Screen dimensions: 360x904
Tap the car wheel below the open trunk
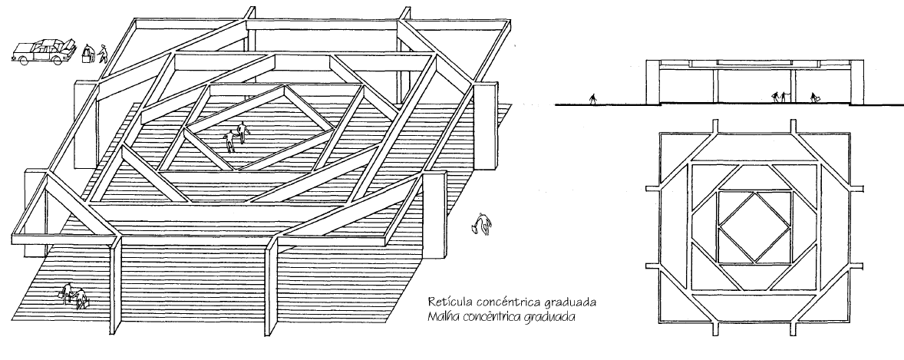(x=57, y=60)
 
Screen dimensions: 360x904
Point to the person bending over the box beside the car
(x=88, y=54)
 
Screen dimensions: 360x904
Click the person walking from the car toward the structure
(x=102, y=54)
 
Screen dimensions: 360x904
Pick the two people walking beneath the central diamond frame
(x=237, y=137)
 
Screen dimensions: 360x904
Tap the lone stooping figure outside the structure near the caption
(x=483, y=225)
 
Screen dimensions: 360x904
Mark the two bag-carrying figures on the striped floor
(x=74, y=296)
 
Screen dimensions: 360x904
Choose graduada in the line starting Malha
(x=546, y=315)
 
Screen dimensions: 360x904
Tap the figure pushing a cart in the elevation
(x=815, y=98)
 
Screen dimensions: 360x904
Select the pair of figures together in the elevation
(x=780, y=97)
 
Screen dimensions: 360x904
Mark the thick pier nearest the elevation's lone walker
(x=653, y=84)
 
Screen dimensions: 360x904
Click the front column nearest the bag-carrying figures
(x=117, y=292)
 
